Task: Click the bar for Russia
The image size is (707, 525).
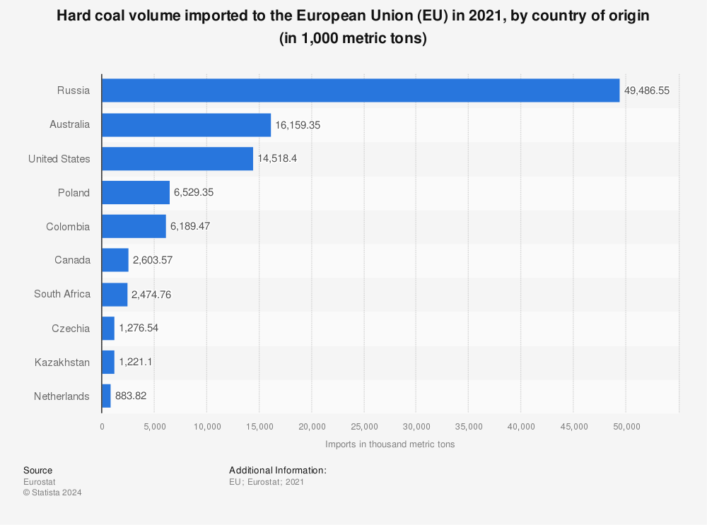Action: pyautogui.click(x=361, y=90)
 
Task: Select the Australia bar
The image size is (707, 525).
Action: pyautogui.click(x=186, y=124)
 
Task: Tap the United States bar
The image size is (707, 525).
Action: pyautogui.click(x=177, y=158)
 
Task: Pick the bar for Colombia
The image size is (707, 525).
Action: pyautogui.click(x=134, y=227)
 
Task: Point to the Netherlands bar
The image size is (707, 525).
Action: pyautogui.click(x=106, y=396)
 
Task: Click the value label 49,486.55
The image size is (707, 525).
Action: pyautogui.click(x=647, y=90)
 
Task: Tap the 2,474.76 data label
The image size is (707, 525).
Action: pyautogui.click(x=151, y=295)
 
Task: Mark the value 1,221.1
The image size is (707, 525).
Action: pyautogui.click(x=136, y=362)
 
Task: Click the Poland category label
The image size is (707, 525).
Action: pyautogui.click(x=74, y=193)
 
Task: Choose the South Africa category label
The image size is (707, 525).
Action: pyautogui.click(x=62, y=294)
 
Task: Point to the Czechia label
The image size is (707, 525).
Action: pyautogui.click(x=71, y=329)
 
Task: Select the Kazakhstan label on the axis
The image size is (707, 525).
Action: pyautogui.click(x=62, y=362)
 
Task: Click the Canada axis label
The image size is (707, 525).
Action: pyautogui.click(x=72, y=260)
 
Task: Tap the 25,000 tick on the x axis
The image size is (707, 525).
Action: pyautogui.click(x=364, y=426)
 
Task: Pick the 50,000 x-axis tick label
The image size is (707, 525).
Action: pyautogui.click(x=626, y=426)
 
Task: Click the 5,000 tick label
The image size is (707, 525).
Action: pyautogui.click(x=154, y=426)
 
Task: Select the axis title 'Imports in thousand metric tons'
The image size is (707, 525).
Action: pyautogui.click(x=390, y=444)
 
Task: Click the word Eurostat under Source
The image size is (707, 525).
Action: pyautogui.click(x=40, y=482)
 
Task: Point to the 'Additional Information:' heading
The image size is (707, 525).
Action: pyautogui.click(x=277, y=470)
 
